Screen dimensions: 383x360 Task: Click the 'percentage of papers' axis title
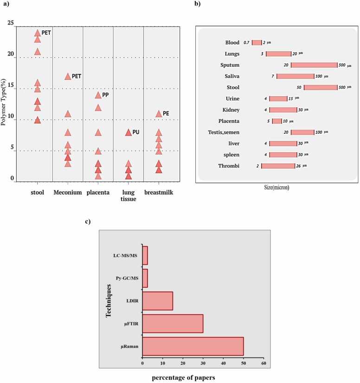(x=183, y=377)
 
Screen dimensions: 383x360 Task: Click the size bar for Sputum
(x=314, y=65)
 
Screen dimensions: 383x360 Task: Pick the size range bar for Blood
(x=257, y=42)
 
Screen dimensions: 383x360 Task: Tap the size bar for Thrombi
(x=278, y=166)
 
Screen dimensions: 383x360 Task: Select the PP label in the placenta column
(x=105, y=95)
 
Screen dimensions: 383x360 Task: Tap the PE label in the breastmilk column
(x=166, y=113)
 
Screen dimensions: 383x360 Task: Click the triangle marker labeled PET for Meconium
(x=68, y=77)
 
